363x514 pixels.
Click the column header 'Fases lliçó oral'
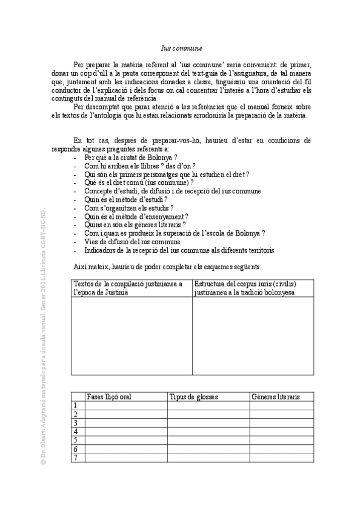(x=109, y=397)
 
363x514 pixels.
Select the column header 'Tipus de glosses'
(x=194, y=397)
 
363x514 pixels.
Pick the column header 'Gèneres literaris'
(x=275, y=397)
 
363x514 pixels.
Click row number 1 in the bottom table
(x=75, y=406)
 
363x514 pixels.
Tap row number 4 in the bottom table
(x=75, y=432)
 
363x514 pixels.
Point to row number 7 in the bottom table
(x=75, y=458)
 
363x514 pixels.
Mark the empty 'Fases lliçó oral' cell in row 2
(x=125, y=415)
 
